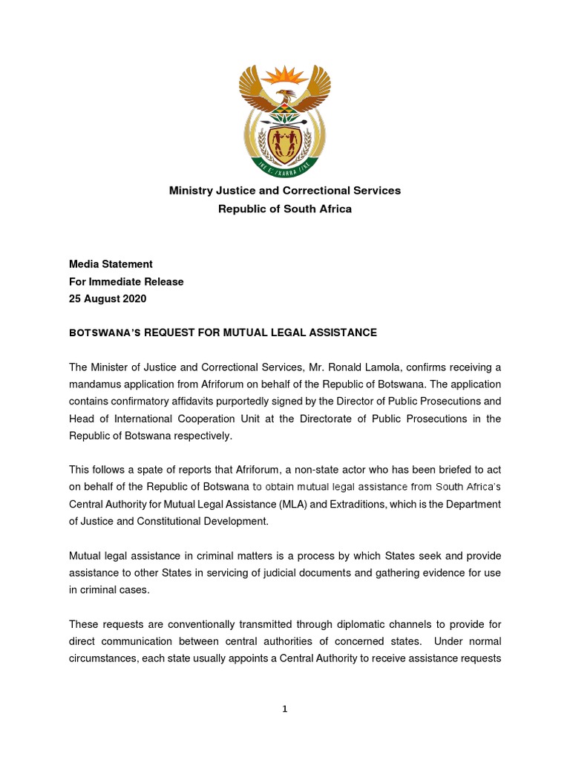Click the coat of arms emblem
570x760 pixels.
[x=285, y=119]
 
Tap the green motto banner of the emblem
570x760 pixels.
[x=285, y=167]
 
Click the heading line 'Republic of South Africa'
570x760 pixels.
[x=285, y=209]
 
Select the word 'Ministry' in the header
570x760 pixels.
[x=191, y=191]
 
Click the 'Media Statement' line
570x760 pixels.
[x=111, y=263]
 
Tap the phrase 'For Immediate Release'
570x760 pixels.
[x=126, y=281]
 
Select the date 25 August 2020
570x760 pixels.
[x=108, y=299]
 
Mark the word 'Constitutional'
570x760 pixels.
[x=173, y=521]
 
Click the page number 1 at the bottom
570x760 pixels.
[x=284, y=709]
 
